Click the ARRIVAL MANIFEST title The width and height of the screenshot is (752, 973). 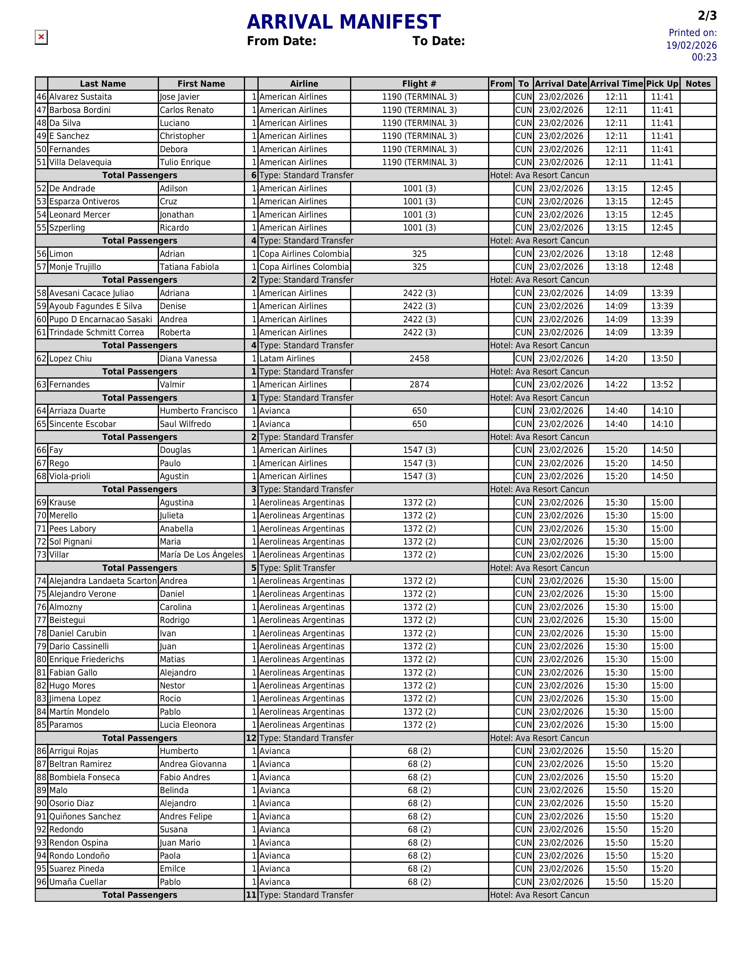[344, 22]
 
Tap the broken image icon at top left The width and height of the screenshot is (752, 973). [41, 37]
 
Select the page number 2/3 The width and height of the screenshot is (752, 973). [707, 16]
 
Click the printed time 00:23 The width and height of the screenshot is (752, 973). [704, 57]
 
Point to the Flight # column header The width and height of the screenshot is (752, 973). [419, 84]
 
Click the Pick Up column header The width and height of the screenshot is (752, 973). [662, 84]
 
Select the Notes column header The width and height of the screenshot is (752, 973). [698, 84]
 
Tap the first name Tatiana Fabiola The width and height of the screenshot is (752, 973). [189, 267]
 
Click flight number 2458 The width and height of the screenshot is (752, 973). [419, 359]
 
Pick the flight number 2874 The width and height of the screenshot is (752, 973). [419, 384]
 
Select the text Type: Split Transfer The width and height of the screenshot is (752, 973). [297, 568]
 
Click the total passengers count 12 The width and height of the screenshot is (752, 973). [251, 738]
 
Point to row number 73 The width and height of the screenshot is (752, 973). [41, 555]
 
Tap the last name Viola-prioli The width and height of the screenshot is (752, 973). [70, 476]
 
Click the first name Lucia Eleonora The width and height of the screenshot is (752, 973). [188, 725]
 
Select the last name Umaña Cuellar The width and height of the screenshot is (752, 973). [78, 882]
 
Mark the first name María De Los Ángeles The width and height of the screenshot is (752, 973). [201, 555]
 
